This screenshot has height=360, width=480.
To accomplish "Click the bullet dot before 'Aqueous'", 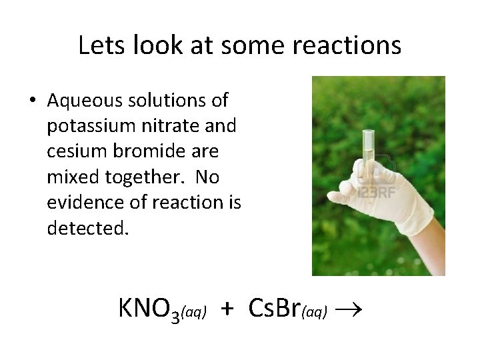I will pos(33,101).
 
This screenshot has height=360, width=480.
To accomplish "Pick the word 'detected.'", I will pos(86,228).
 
